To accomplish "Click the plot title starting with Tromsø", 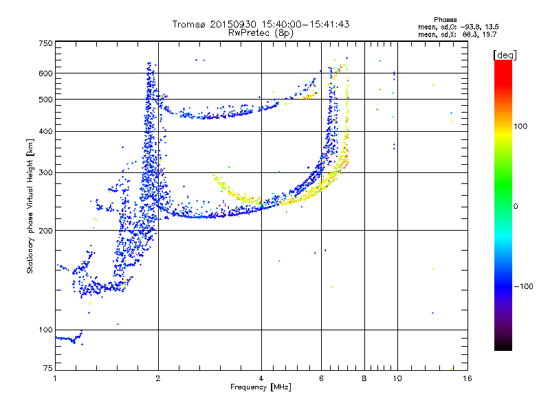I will click(x=261, y=24).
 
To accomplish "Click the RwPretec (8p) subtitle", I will click(x=261, y=32).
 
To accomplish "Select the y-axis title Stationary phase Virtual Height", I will click(x=30, y=207).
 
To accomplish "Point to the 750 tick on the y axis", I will click(x=45, y=43).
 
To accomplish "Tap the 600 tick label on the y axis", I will click(x=45, y=73).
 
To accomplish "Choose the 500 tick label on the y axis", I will click(x=45, y=99).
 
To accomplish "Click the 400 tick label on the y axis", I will click(x=45, y=131).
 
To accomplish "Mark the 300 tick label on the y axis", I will click(x=45, y=172).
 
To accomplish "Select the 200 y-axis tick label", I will click(x=45, y=231).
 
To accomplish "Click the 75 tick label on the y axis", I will click(x=47, y=369).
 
